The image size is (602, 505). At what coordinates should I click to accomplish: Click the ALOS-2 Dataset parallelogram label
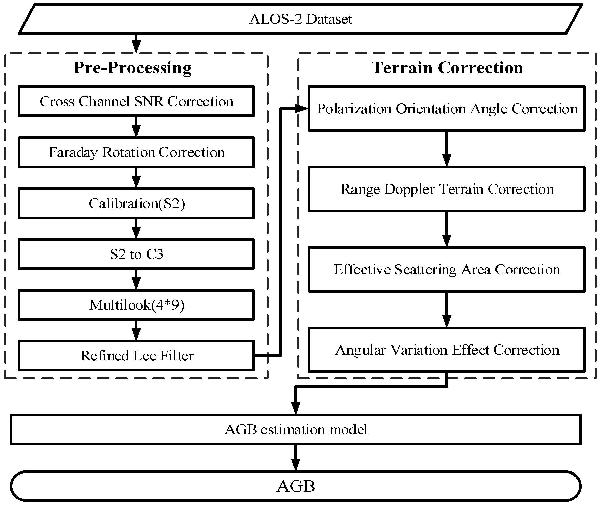[x=300, y=19]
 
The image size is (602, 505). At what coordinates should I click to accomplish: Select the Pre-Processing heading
[x=132, y=68]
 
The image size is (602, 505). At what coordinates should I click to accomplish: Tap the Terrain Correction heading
[x=447, y=68]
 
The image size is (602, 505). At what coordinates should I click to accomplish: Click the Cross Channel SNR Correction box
[x=136, y=101]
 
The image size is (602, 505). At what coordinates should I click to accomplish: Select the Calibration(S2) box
[x=136, y=203]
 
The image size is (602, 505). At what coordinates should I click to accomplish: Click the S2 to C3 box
[x=136, y=254]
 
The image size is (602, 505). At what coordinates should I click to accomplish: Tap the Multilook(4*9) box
[x=136, y=305]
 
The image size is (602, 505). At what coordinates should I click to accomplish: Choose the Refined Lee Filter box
[x=136, y=356]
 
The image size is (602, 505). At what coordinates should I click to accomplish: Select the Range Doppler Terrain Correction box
[x=447, y=189]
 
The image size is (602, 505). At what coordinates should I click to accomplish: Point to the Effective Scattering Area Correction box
[x=447, y=269]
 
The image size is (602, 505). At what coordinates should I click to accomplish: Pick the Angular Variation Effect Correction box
[x=447, y=350]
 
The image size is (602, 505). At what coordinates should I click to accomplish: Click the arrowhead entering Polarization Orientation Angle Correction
[x=302, y=108]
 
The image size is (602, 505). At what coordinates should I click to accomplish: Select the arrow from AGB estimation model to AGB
[x=296, y=458]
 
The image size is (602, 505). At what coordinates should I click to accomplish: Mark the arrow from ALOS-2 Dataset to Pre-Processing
[x=136, y=44]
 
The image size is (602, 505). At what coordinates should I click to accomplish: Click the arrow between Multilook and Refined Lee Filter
[x=136, y=331]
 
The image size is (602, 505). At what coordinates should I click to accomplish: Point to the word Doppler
[x=409, y=190]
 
